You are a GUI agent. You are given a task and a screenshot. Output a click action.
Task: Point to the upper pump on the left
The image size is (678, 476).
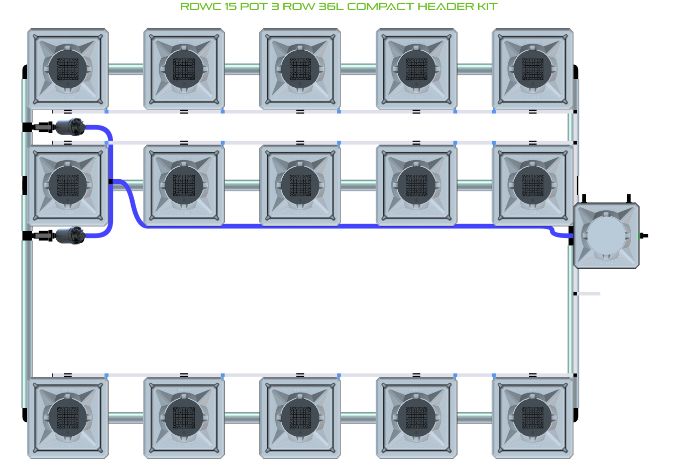point(70,127)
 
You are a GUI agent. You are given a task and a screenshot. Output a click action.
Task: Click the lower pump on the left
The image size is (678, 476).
point(70,235)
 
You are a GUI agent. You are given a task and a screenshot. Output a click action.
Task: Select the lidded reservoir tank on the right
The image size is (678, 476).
point(606,235)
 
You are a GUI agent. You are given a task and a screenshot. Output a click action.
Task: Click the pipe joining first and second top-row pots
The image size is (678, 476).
point(126,69)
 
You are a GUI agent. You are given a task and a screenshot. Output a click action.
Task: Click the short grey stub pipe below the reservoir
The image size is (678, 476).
point(588,294)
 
